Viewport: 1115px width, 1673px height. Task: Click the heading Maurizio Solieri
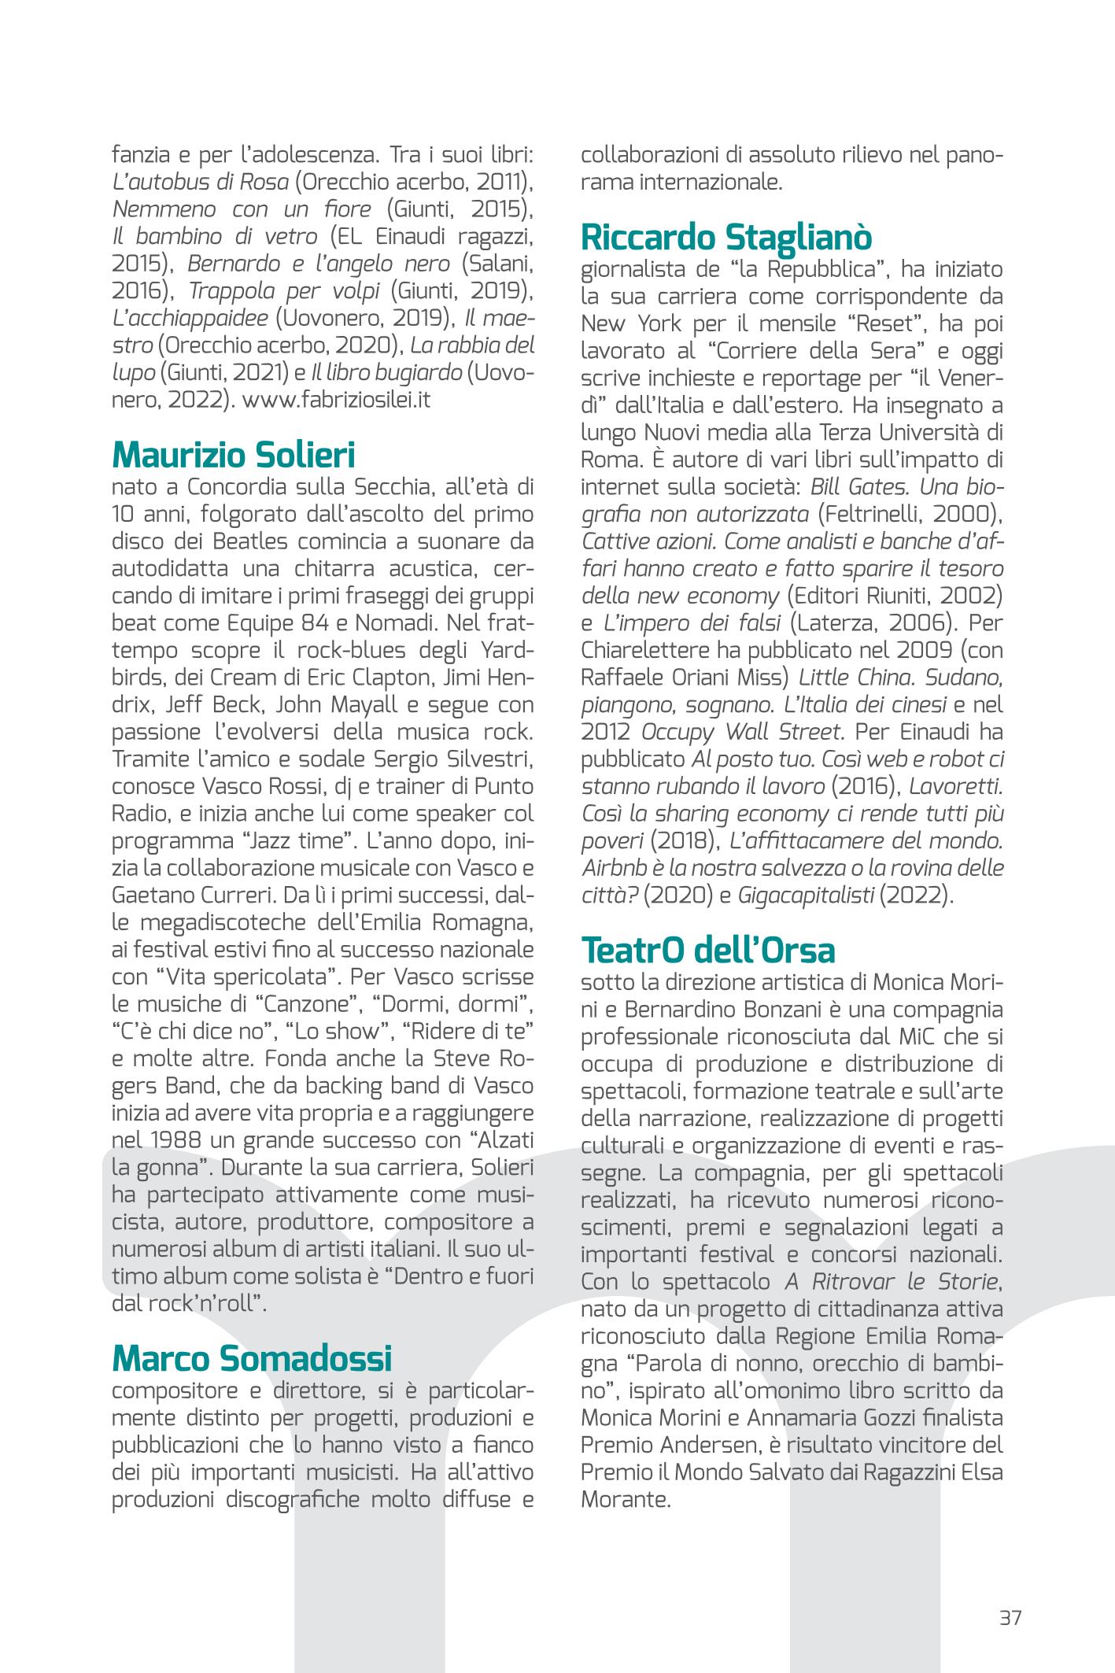click(x=234, y=456)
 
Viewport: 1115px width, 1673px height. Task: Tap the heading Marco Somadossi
click(x=252, y=1358)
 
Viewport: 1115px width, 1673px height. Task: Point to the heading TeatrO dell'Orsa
click(x=707, y=951)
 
